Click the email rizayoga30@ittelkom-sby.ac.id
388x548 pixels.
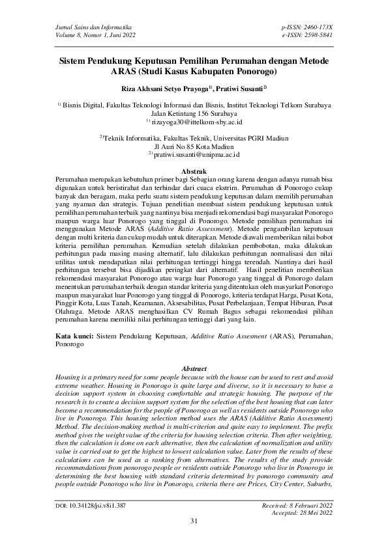[x=197, y=121]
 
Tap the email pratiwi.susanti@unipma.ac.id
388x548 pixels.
[x=198, y=155]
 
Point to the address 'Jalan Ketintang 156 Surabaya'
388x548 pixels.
[x=194, y=113]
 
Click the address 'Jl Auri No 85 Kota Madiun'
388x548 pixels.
[x=194, y=146]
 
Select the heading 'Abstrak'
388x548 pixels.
[x=194, y=170]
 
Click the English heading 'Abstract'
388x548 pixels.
[x=194, y=368]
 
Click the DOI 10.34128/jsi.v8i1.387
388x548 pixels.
[x=98, y=522]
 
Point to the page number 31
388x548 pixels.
[x=194, y=539]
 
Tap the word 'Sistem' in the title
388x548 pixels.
[x=74, y=60]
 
